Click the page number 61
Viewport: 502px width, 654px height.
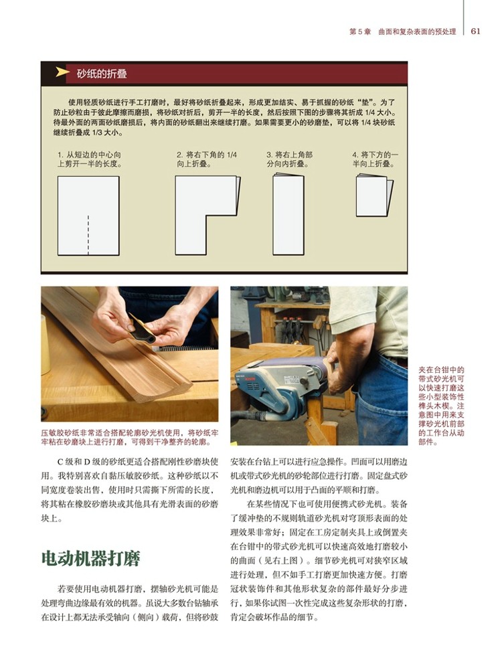click(x=476, y=31)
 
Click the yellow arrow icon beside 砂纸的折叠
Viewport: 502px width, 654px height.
click(x=62, y=72)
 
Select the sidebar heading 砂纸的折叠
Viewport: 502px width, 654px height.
click(x=102, y=74)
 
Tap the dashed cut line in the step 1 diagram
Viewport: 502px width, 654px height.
click(x=88, y=234)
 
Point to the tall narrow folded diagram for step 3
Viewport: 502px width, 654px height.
click(x=288, y=215)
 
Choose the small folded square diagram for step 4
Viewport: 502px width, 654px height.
click(x=374, y=196)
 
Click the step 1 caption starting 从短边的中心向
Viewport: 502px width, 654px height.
click(x=90, y=159)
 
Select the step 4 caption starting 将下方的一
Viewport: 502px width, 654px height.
click(x=375, y=159)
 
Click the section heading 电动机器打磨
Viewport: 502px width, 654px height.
click(x=91, y=558)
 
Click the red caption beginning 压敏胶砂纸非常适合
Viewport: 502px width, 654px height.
click(x=129, y=438)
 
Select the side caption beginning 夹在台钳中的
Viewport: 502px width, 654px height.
click(x=441, y=406)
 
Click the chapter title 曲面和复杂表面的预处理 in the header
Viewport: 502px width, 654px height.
click(x=417, y=31)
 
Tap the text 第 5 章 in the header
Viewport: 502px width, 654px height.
click(x=360, y=31)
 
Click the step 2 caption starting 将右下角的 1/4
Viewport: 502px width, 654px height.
click(x=207, y=159)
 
